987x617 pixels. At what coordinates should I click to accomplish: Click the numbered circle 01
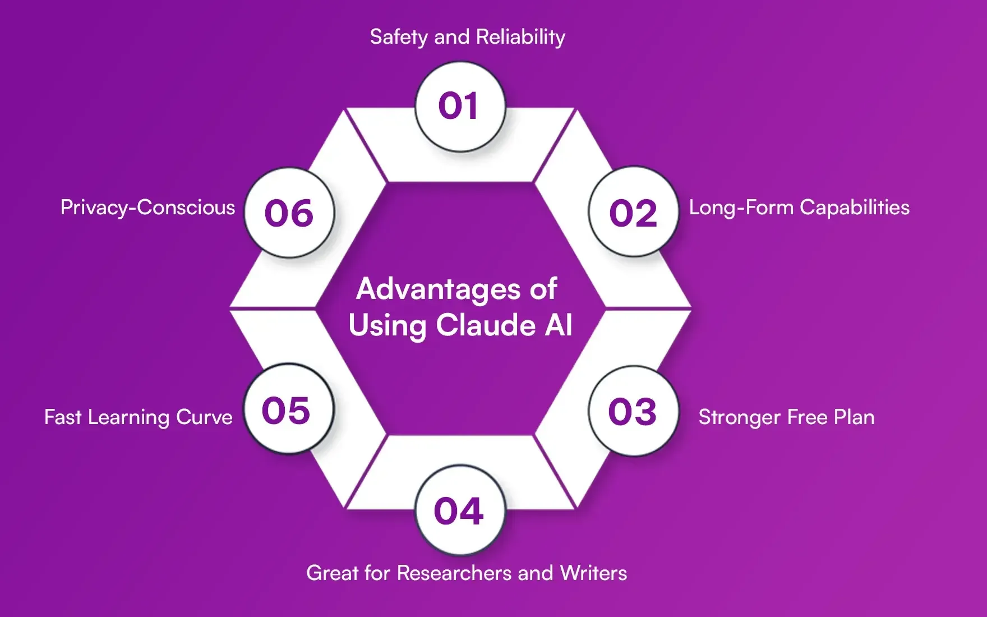pyautogui.click(x=460, y=107)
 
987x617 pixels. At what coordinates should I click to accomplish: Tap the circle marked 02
pyautogui.click(x=633, y=213)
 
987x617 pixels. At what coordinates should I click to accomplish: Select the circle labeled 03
pyautogui.click(x=633, y=411)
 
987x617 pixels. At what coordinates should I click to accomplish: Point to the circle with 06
pyautogui.click(x=289, y=213)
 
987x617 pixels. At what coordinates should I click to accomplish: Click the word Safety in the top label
pyautogui.click(x=399, y=37)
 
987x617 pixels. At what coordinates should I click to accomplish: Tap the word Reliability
pyautogui.click(x=520, y=37)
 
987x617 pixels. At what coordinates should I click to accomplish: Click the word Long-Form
pyautogui.click(x=741, y=208)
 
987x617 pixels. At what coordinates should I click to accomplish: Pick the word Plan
pyautogui.click(x=854, y=417)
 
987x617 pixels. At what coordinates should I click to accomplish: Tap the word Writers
pyautogui.click(x=593, y=573)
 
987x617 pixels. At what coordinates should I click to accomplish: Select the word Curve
pyautogui.click(x=204, y=417)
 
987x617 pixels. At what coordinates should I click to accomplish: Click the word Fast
pyautogui.click(x=63, y=417)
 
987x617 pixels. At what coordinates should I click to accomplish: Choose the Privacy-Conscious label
pyautogui.click(x=147, y=208)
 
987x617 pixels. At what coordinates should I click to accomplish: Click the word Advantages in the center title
pyautogui.click(x=431, y=289)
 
